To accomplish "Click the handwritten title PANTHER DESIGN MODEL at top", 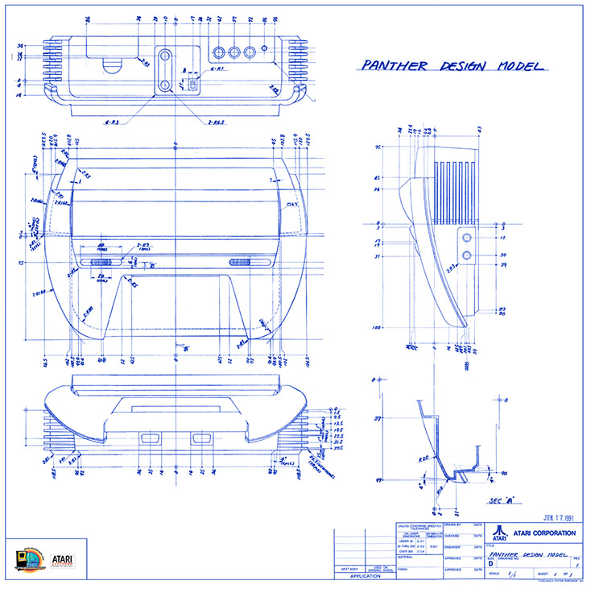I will [x=450, y=67].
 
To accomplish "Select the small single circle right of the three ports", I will [x=265, y=52].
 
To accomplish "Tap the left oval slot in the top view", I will [x=102, y=262].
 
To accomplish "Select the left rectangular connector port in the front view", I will [x=149, y=439].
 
